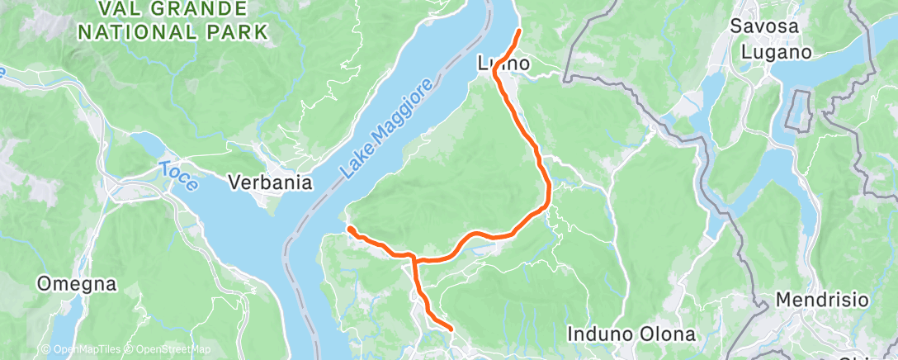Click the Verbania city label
(x=270, y=182)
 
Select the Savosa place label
(x=764, y=26)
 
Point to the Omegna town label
(x=76, y=285)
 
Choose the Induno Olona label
(x=631, y=334)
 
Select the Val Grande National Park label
(x=173, y=21)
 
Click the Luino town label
(x=503, y=64)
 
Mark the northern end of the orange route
(x=519, y=31)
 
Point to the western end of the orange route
(x=349, y=228)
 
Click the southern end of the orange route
(x=451, y=329)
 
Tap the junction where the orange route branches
(x=414, y=260)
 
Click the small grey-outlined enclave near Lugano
(x=798, y=109)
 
